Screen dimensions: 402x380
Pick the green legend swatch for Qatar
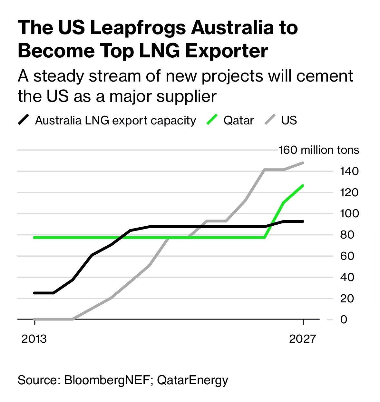(x=212, y=120)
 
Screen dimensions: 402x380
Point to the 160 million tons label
(x=319, y=150)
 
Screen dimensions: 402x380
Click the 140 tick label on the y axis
(x=349, y=171)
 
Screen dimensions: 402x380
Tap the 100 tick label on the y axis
(x=349, y=213)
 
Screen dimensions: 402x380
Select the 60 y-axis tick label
(x=347, y=256)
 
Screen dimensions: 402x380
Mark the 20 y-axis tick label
(x=347, y=299)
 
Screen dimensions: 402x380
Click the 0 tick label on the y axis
(x=344, y=319)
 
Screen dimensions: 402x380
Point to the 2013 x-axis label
(x=34, y=339)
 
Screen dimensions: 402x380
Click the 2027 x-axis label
(x=302, y=339)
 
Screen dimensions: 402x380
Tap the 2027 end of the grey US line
(x=303, y=163)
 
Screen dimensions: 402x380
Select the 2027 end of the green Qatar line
(x=303, y=185)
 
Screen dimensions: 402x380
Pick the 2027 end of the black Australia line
(x=303, y=221)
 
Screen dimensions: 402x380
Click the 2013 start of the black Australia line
(x=34, y=293)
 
